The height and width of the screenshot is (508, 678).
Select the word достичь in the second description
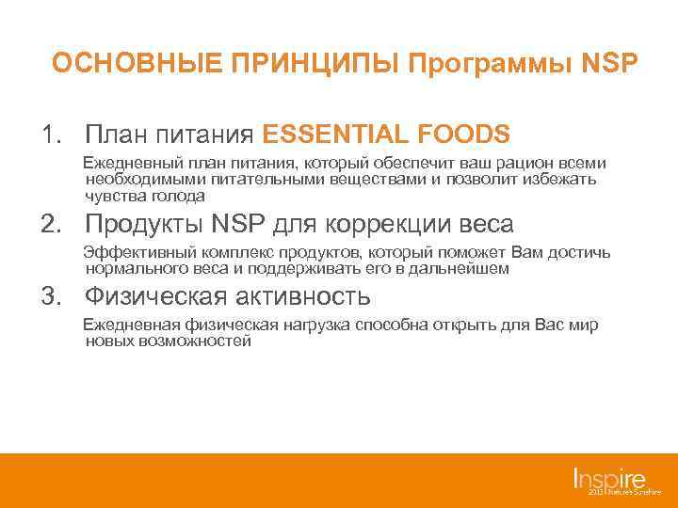(x=580, y=252)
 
